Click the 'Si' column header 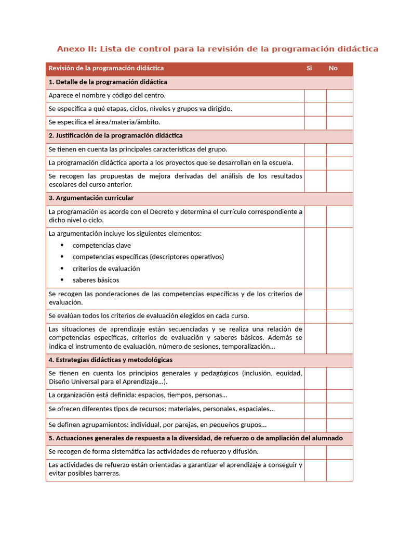309,68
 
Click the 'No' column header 333,68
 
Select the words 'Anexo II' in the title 76,49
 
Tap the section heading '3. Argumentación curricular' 91,198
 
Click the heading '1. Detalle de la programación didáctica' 108,82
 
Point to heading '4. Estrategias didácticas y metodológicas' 110,360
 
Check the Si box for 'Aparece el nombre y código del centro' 315,96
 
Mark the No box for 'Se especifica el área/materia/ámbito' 339,122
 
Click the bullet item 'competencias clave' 102,245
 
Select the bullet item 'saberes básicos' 96,280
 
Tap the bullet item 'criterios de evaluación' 106,269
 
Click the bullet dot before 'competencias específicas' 62,257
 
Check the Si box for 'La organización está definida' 315,396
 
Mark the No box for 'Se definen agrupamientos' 339,425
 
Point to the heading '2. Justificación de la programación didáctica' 115,136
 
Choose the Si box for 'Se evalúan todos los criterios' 315,316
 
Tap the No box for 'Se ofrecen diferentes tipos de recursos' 339,410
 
